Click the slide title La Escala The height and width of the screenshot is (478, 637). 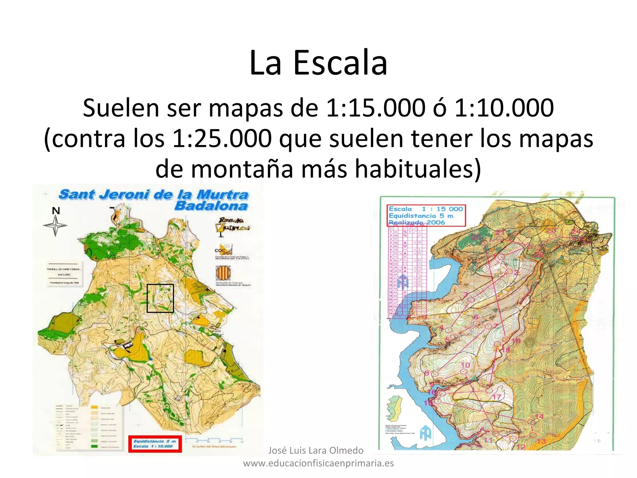[318, 63]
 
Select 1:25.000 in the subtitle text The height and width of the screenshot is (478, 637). [222, 138]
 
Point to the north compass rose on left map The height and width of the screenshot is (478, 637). [55, 225]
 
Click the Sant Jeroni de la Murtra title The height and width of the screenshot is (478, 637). [154, 194]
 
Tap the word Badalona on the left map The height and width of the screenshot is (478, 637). [211, 206]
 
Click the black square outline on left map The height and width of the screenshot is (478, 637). [160, 298]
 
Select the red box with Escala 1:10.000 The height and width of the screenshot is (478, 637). [155, 444]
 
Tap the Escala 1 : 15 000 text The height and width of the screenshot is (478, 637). [426, 209]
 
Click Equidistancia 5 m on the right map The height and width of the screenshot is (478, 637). [421, 216]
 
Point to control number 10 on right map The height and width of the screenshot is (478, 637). [465, 365]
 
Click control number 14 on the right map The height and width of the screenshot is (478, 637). [539, 416]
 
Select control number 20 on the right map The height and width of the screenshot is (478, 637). [476, 237]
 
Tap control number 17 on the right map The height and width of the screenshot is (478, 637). [497, 397]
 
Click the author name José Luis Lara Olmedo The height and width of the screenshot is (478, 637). [316, 450]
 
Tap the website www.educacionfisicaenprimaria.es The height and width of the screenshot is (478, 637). [318, 463]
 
